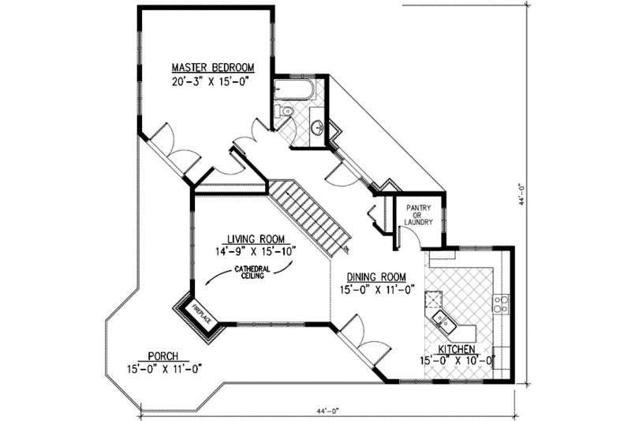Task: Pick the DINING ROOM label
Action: [x=375, y=276]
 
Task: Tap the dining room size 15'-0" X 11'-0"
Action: [x=375, y=290]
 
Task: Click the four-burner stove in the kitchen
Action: [x=501, y=303]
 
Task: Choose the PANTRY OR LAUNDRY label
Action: [x=419, y=215]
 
